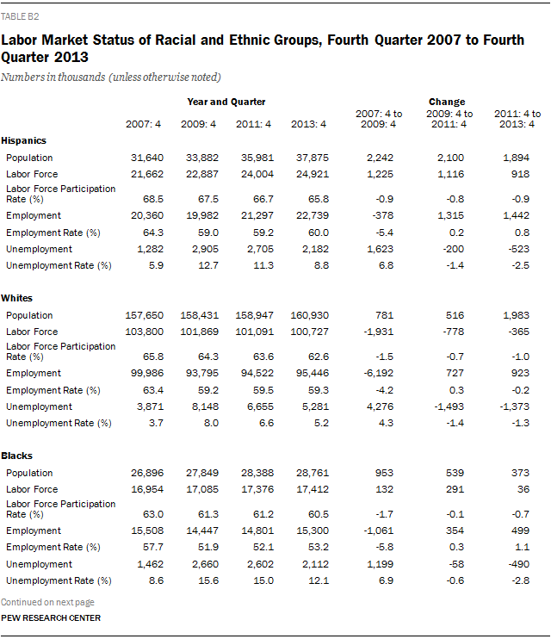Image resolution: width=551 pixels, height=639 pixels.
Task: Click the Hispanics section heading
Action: (24, 140)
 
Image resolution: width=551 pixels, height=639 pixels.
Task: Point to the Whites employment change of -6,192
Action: (378, 373)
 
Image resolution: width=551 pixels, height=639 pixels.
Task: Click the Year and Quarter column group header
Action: (226, 102)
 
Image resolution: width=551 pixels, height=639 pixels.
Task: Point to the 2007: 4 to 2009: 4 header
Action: (378, 119)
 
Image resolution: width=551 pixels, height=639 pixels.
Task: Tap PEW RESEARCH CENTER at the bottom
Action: (50, 618)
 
